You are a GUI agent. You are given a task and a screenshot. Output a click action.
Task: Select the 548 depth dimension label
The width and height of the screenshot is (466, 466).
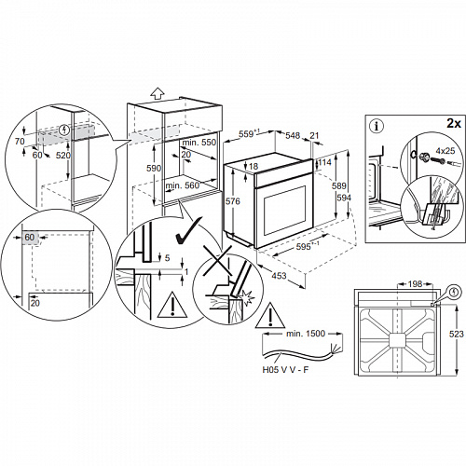292,135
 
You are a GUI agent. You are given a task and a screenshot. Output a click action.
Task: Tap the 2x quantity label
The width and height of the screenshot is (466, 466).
454,123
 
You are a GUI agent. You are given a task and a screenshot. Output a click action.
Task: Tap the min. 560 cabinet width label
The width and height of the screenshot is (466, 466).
185,186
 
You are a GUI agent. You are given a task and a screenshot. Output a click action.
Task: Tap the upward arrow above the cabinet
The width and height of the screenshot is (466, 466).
158,93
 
